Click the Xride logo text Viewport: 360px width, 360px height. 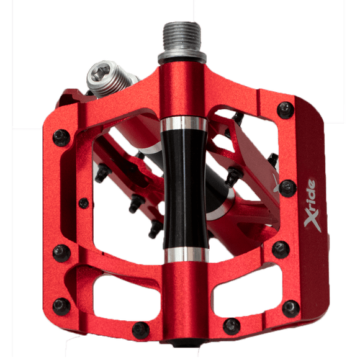[x=310, y=205]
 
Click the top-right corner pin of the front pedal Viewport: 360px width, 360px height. [x=286, y=110]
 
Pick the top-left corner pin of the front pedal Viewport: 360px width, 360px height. [x=61, y=138]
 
